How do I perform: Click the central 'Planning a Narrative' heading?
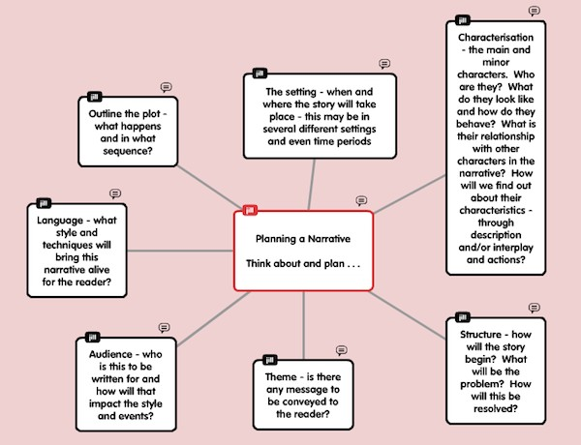tap(303, 238)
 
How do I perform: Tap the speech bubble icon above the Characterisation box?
tap(534, 11)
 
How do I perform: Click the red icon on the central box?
tap(250, 210)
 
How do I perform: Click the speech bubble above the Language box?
tap(115, 193)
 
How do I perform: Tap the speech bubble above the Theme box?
tap(341, 350)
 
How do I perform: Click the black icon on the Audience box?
tap(94, 336)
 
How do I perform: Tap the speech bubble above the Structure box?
tap(534, 308)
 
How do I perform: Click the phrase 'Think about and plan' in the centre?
tap(300, 262)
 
